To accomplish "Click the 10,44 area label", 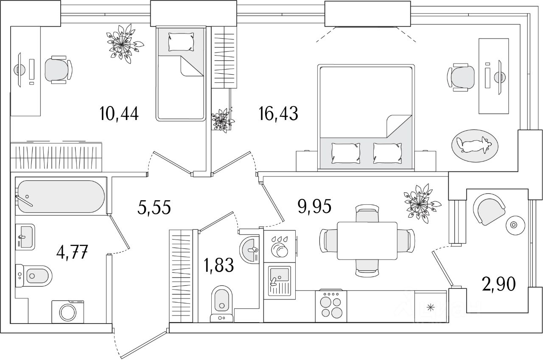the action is pos(120,114).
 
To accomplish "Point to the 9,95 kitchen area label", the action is pos(313,207).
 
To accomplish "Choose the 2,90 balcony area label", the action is pos(499,284).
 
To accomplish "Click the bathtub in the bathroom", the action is pos(60,196).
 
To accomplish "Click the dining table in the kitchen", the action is pos(367,240).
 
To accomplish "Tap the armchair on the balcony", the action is pos(488,209).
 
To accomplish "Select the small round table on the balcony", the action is pos(515,225).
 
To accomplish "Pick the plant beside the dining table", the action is pos(420,201).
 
